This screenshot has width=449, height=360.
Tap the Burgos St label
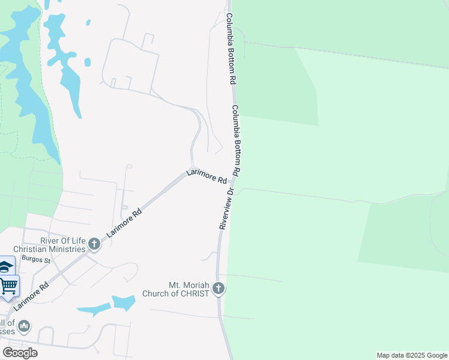34,259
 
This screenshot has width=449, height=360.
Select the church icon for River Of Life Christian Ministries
94,244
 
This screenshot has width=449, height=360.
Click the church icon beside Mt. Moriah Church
218,289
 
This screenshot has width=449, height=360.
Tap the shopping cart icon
9,286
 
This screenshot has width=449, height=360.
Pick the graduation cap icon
5,267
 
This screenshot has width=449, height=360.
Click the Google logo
20,353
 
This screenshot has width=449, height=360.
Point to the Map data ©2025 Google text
411,355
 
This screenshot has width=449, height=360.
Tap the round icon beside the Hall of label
24,326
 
